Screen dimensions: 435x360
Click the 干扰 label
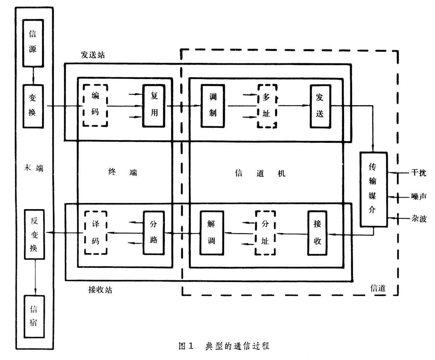tap(419, 173)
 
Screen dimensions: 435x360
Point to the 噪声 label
tap(419, 196)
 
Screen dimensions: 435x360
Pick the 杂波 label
tap(419, 219)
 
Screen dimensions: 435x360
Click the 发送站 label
tap(93, 55)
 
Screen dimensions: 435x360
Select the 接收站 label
tap(100, 290)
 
